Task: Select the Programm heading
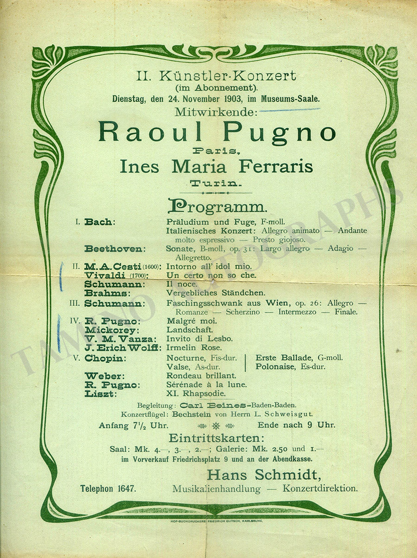point(217,207)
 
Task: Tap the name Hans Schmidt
point(264,475)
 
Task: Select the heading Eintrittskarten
point(216,438)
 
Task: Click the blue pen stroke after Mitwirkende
point(290,110)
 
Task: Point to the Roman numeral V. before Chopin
point(76,357)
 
